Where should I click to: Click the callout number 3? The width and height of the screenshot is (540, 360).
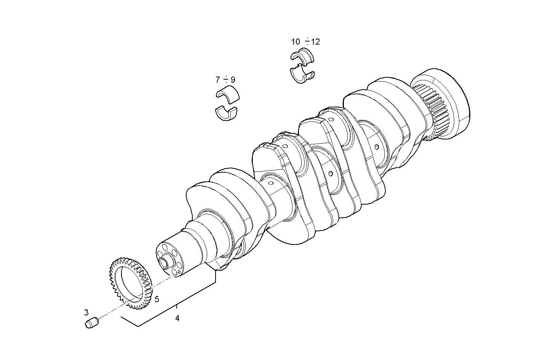pos(86,312)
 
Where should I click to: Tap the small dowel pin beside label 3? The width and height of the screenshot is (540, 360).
pos(91,323)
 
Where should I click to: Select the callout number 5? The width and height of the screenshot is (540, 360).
pos(157,299)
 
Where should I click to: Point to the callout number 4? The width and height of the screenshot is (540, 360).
pos(177,318)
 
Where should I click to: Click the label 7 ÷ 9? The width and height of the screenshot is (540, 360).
pos(225,80)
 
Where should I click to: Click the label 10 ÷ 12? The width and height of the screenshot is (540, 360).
pos(305,42)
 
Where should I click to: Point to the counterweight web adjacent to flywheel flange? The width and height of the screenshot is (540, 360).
pos(392,99)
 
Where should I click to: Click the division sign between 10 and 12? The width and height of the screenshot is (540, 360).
pos(307,42)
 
